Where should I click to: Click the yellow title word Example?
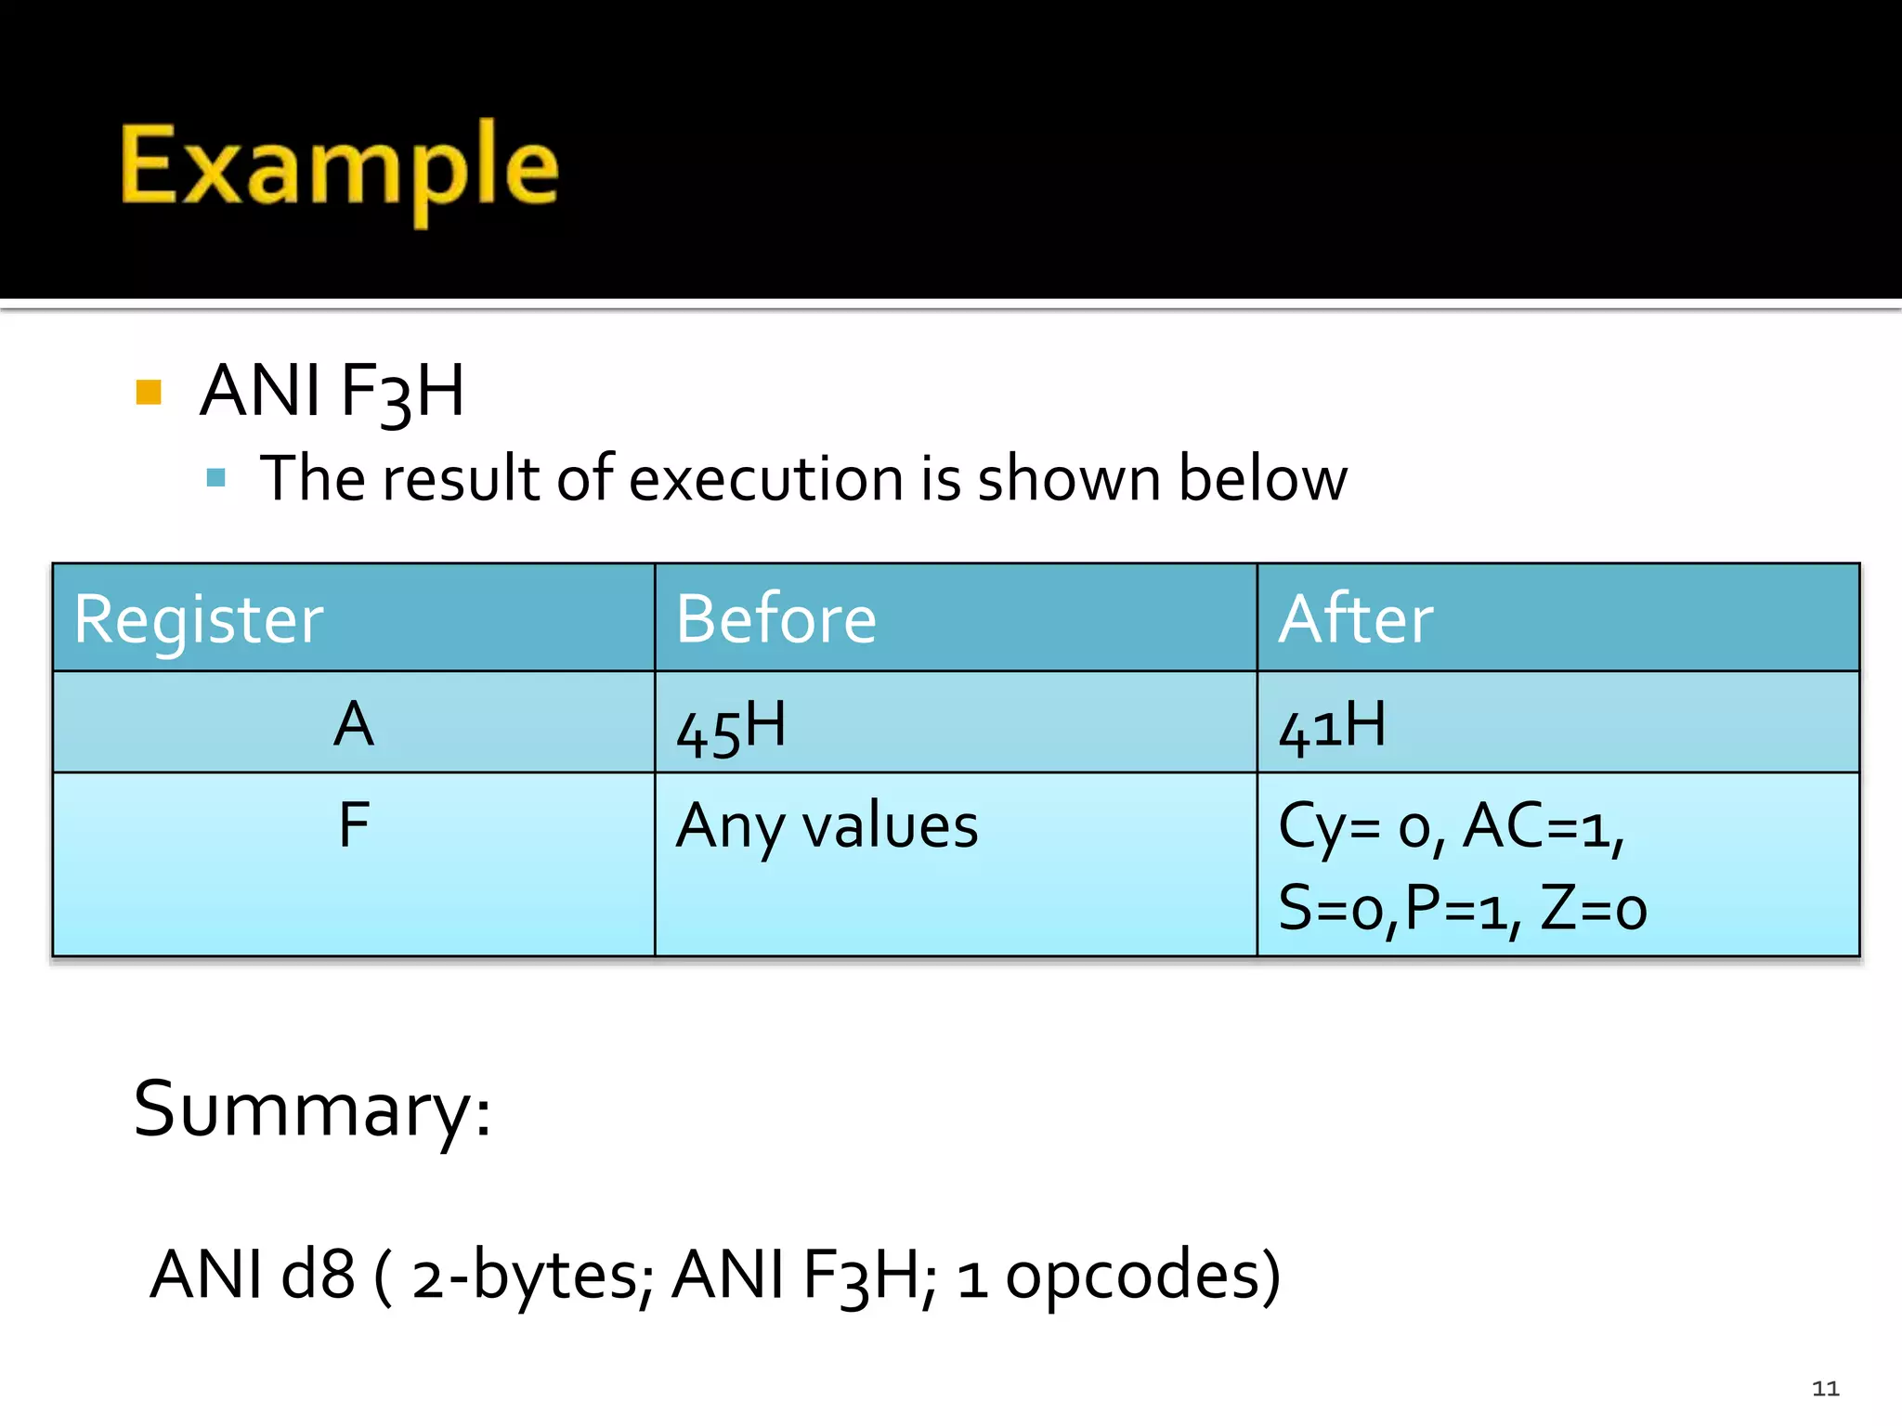tap(340, 167)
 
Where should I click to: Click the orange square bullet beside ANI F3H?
tap(149, 392)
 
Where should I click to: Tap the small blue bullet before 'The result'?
tap(216, 478)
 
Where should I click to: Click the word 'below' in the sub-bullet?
tap(1262, 479)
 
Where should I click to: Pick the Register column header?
tap(199, 619)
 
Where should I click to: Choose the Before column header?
tap(775, 619)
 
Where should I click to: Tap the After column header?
tap(1355, 619)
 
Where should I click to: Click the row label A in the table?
tap(354, 724)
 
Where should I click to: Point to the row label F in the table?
tap(354, 824)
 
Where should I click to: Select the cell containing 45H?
tap(731, 727)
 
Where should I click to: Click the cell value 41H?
tap(1332, 727)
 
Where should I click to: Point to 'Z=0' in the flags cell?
tap(1594, 908)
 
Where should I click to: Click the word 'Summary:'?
tap(312, 1109)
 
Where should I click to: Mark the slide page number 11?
tap(1825, 1389)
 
